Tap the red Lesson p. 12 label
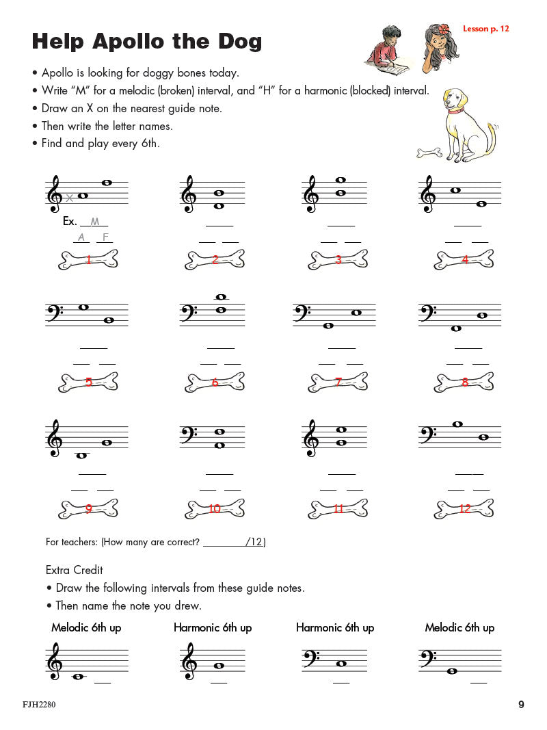point(485,29)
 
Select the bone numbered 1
point(89,259)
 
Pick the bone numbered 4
point(465,259)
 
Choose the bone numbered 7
point(338,382)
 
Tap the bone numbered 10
point(215,508)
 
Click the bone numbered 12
point(465,508)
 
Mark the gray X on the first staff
point(69,198)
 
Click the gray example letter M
point(95,222)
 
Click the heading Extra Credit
point(75,570)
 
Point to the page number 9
point(521,705)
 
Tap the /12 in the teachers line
point(255,542)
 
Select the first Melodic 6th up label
point(86,627)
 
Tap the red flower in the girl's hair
point(444,29)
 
